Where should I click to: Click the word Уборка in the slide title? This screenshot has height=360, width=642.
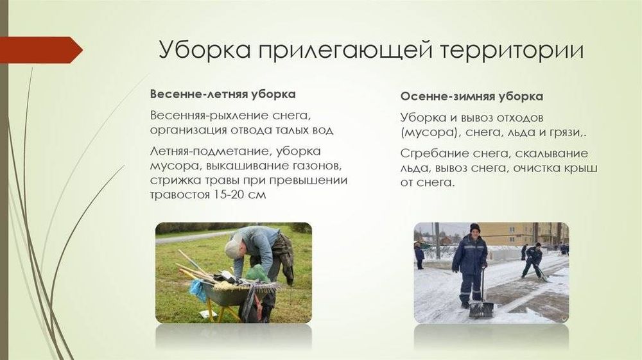pos(204,51)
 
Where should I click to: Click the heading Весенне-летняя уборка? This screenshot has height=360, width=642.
pos(222,94)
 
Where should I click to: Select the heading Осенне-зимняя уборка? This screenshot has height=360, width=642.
pos(471,97)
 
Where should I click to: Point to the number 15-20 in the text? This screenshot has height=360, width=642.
pos(229,195)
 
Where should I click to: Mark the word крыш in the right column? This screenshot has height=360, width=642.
pos(582,167)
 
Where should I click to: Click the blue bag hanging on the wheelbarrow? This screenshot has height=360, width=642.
pos(197,289)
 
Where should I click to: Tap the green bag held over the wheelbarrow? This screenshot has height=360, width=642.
pos(257,273)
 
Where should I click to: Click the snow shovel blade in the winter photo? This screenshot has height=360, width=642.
pos(481,309)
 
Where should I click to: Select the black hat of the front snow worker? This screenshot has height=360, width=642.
pos(474,228)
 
